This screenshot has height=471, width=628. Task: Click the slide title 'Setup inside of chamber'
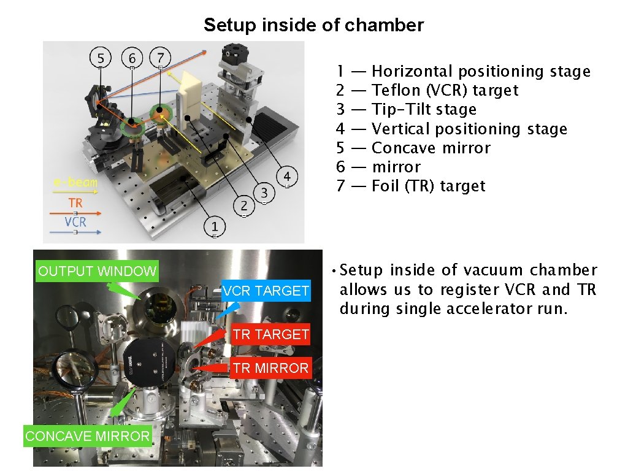(x=313, y=25)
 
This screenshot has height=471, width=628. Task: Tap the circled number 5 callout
(x=101, y=58)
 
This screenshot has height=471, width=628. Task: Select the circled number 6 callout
(x=132, y=58)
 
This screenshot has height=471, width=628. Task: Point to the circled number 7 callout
(x=160, y=57)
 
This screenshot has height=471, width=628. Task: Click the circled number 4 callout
(x=287, y=177)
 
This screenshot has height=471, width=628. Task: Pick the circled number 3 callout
(x=264, y=193)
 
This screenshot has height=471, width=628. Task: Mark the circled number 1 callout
(x=215, y=226)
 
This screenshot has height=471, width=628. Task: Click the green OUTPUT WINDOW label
(x=97, y=271)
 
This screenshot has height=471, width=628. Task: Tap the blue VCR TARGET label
(x=266, y=291)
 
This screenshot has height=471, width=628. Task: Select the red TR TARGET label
(x=270, y=334)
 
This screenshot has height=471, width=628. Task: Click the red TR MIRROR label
(x=270, y=368)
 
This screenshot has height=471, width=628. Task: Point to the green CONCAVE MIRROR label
(x=87, y=436)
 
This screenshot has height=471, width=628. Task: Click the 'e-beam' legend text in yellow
(x=75, y=183)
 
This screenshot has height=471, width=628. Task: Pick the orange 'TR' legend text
(x=75, y=202)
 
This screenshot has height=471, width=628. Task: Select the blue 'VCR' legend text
(x=75, y=221)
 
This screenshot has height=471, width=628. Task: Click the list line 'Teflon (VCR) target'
(x=445, y=90)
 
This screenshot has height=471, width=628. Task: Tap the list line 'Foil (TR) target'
(x=428, y=186)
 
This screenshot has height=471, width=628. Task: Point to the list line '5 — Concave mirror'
(x=413, y=148)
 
